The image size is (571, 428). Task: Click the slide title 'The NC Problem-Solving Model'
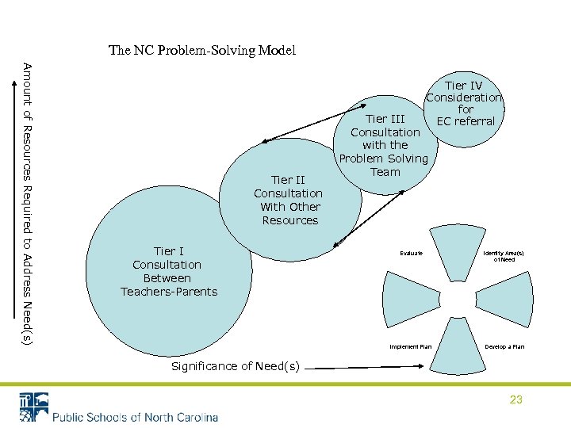[x=202, y=51]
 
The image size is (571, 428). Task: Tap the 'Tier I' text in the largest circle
[x=167, y=251]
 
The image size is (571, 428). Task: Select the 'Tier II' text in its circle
[x=288, y=180]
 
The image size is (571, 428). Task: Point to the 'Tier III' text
[x=385, y=119]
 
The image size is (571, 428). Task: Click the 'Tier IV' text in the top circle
[x=464, y=86]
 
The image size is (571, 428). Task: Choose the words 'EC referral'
[x=466, y=121]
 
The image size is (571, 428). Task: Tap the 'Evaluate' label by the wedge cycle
[x=411, y=253]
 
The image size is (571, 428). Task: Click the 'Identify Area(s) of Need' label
[x=504, y=256]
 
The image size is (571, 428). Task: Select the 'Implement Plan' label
[x=410, y=346]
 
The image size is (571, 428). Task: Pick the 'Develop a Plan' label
[x=504, y=346]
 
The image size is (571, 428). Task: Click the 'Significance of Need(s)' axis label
[x=236, y=366]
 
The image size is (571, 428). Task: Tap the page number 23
[x=516, y=399]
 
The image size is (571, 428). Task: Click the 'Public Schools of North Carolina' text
[x=136, y=417]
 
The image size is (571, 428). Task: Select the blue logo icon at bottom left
[x=34, y=407]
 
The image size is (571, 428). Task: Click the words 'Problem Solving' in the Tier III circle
[x=384, y=159]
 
